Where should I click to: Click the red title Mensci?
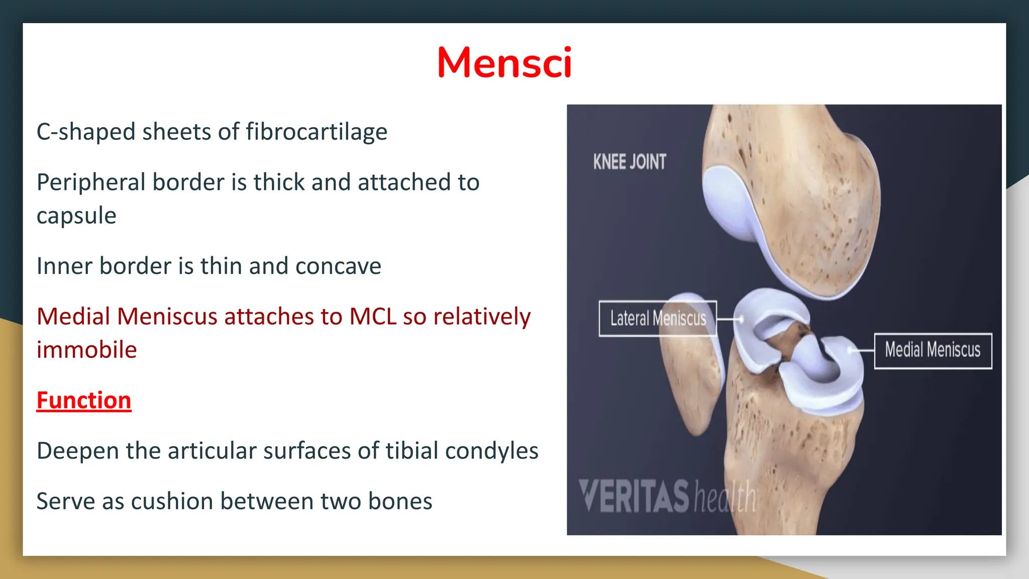click(504, 63)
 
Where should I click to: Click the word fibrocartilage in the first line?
click(316, 132)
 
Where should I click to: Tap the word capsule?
click(76, 216)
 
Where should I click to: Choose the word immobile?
click(86, 350)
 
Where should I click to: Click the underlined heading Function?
click(84, 401)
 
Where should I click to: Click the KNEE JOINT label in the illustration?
click(630, 162)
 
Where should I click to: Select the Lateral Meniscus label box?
click(658, 318)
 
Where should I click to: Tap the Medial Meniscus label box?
click(933, 350)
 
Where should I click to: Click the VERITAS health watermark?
click(667, 497)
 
